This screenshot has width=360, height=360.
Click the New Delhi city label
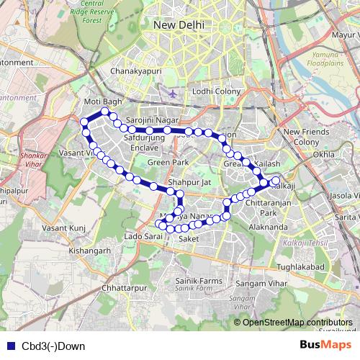(x=179, y=25)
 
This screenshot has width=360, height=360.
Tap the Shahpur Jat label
(x=189, y=184)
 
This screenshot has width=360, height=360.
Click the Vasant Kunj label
(x=65, y=228)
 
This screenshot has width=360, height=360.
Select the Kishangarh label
(x=89, y=251)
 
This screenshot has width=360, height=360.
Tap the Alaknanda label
(x=266, y=227)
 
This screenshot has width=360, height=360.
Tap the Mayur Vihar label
(x=341, y=34)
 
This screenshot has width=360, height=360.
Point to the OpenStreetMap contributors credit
(x=297, y=322)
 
